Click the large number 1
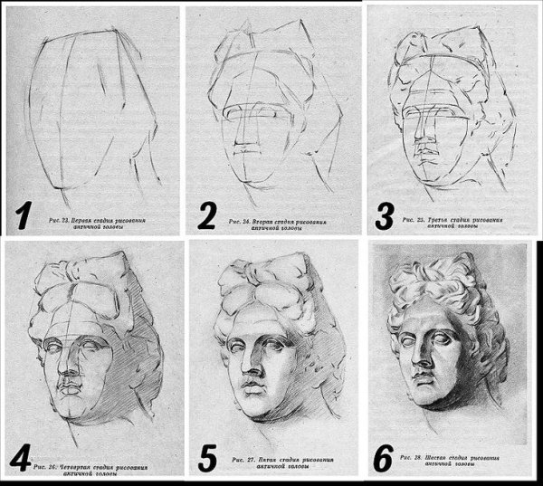point(25,214)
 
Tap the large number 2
point(207,215)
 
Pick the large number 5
point(208,454)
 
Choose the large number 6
point(383,455)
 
